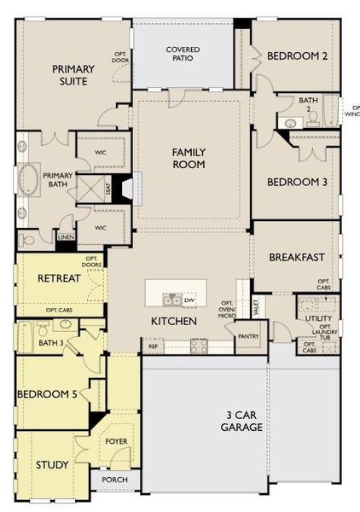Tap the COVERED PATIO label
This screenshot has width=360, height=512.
coord(183,55)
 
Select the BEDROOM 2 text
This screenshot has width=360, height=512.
coord(298,56)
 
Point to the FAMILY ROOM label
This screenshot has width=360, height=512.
coord(189,158)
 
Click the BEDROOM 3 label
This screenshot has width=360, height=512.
coord(298,182)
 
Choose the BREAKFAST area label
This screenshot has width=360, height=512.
coord(298,257)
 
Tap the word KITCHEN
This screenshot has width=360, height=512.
coord(174,321)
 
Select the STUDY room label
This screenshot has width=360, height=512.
coord(52,465)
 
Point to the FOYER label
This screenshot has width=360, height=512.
coord(116,441)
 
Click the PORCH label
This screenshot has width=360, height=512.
coord(114,480)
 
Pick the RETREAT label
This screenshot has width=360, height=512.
coord(59,278)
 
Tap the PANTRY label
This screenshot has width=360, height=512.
coord(248,336)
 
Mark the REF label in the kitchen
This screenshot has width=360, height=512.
coord(153,347)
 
